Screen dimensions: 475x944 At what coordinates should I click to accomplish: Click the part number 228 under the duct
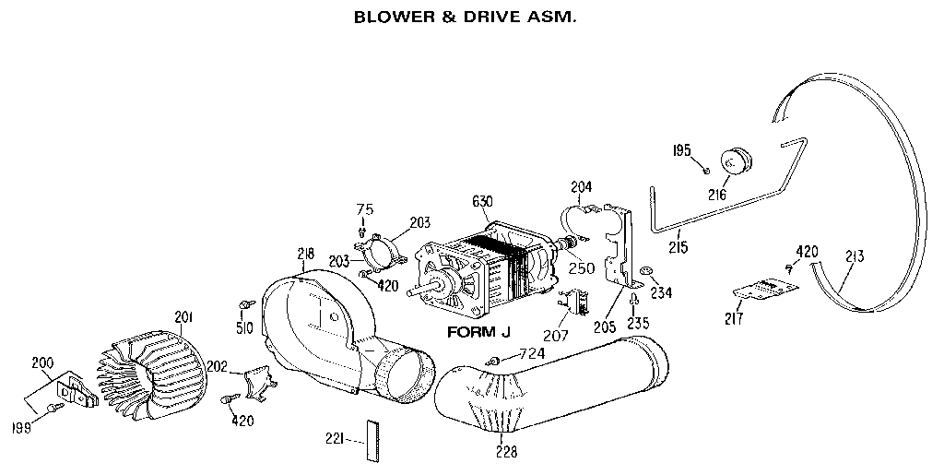tap(506, 452)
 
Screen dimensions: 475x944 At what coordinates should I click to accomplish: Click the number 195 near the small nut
tap(681, 149)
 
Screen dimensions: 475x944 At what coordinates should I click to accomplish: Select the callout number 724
tap(532, 354)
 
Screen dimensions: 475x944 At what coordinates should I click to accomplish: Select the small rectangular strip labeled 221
tap(372, 440)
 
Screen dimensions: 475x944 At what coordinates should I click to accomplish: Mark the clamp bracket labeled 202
tap(254, 381)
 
